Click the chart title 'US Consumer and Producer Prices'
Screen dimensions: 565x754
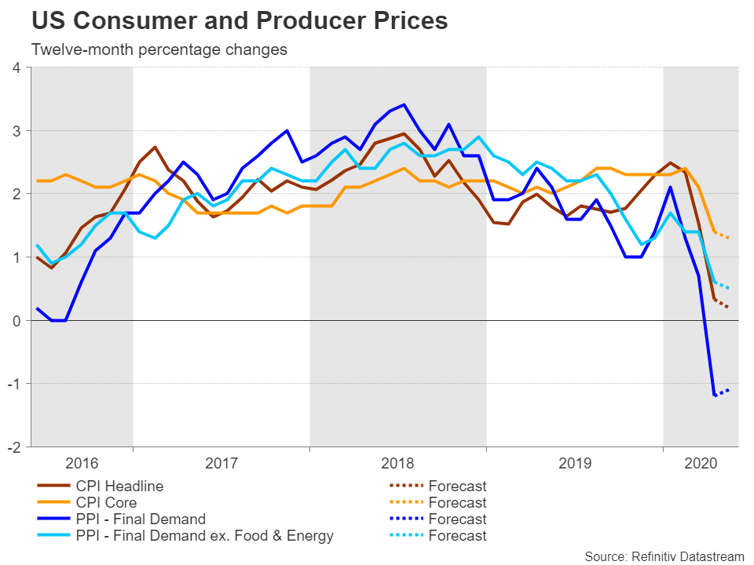(240, 21)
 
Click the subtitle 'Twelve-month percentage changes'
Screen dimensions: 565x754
(159, 49)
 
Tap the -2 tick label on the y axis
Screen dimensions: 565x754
(13, 447)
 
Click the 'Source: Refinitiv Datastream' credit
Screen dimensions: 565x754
(664, 556)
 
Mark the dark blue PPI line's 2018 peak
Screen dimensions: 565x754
(404, 104)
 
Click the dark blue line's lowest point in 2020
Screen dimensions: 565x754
(714, 395)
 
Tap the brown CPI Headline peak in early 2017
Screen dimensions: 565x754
(156, 147)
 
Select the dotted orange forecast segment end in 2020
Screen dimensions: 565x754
(729, 238)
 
